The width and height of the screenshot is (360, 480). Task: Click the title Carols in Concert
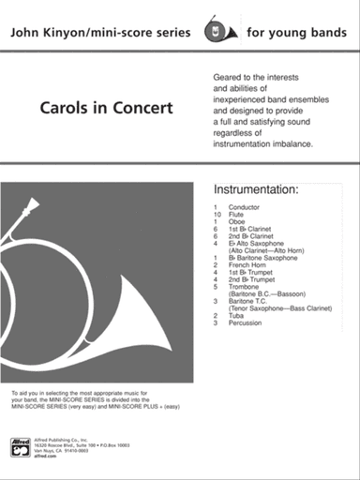(106, 107)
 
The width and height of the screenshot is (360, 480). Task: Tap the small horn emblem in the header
(221, 32)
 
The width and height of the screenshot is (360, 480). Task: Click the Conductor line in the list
(245, 206)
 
